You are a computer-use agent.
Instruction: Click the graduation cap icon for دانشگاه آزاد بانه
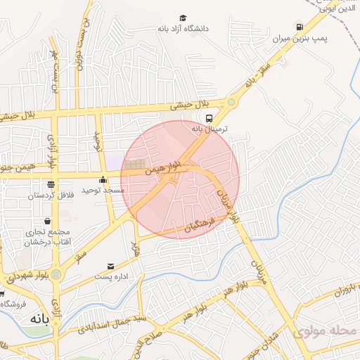183,18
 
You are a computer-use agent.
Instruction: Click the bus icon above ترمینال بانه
209,118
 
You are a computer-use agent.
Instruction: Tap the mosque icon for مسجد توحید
103,180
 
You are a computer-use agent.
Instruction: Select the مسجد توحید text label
103,191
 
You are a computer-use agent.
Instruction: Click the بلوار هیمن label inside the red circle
163,167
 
